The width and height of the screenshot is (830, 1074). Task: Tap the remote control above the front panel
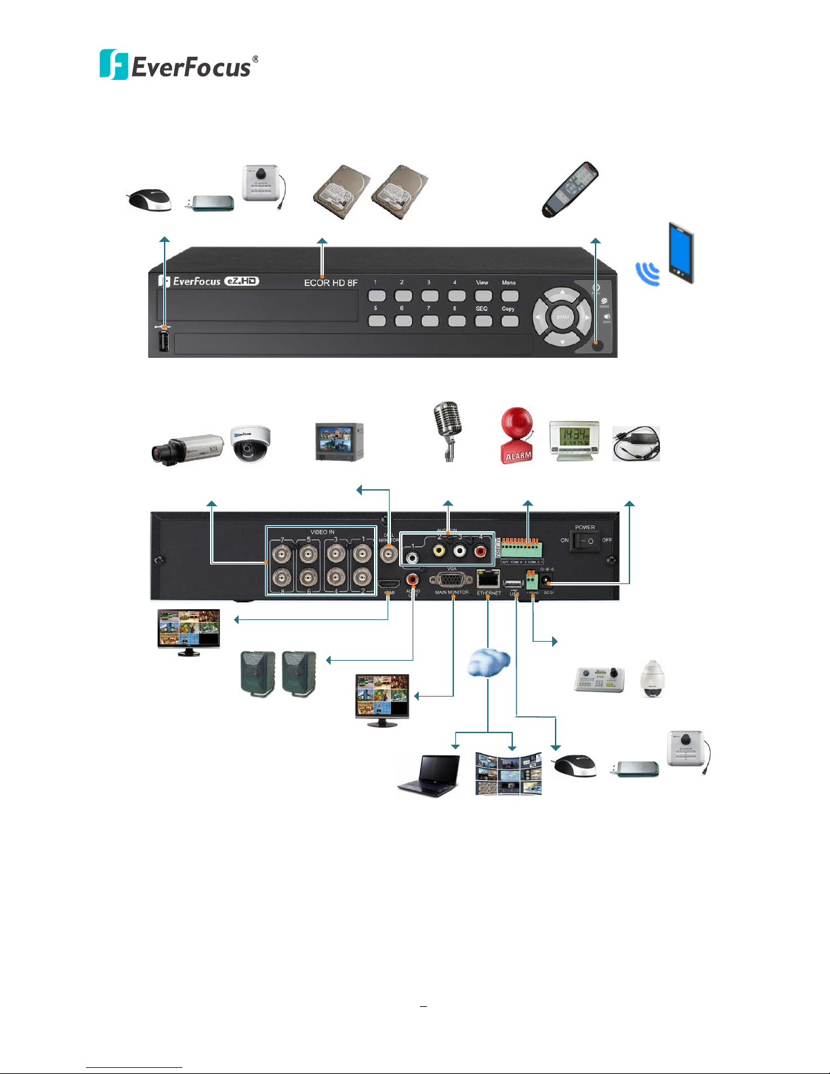click(570, 190)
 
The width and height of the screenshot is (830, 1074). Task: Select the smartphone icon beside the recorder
click(681, 252)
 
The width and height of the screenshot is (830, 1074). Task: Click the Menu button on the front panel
click(510, 295)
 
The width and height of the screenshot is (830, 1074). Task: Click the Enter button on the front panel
click(562, 317)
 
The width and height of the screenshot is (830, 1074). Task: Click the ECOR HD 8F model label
click(331, 283)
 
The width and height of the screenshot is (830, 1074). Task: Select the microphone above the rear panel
click(448, 430)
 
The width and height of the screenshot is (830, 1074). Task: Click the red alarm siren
click(517, 436)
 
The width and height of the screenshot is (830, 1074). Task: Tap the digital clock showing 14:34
click(574, 442)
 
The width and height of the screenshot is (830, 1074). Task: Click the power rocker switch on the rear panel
click(585, 541)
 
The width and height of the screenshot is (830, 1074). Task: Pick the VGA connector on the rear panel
click(452, 580)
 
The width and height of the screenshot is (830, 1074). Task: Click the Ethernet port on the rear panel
click(489, 580)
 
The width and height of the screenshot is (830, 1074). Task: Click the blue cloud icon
click(489, 661)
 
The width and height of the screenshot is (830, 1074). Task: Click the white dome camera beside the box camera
click(251, 443)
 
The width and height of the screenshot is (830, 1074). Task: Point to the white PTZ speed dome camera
click(652, 678)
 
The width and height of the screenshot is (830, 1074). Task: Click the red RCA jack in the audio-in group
click(480, 552)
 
